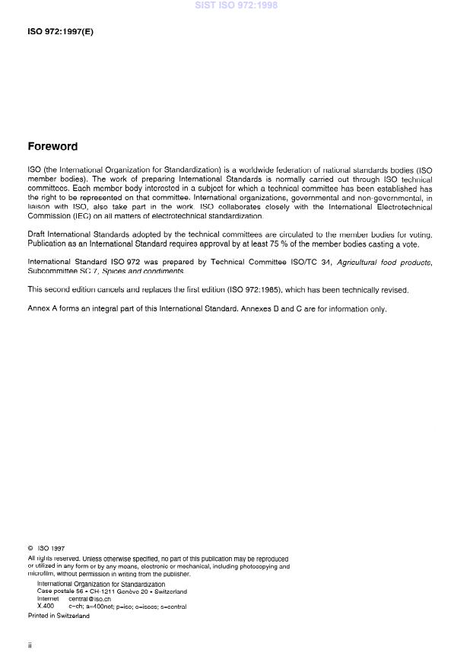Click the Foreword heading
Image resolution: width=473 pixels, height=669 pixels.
pos(52,147)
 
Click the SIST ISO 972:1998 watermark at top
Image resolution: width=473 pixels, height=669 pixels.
pos(236,5)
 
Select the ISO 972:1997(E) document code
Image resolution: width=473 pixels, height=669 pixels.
pos(60,32)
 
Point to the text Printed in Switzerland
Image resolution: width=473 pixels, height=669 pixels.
pos(59,616)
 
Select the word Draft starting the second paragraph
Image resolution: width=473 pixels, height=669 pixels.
pos(37,234)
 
